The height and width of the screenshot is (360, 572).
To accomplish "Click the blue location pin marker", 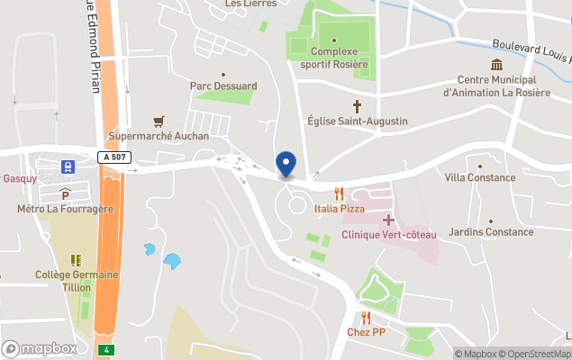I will click(x=286, y=163).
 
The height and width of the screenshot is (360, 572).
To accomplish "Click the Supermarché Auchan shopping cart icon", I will click(x=159, y=121).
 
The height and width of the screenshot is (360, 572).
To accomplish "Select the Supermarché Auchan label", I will click(x=159, y=136).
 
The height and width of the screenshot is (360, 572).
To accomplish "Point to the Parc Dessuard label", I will click(x=223, y=86).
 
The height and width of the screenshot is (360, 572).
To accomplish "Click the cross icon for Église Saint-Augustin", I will click(x=357, y=105).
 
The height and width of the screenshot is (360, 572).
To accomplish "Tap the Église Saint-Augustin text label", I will click(x=358, y=121).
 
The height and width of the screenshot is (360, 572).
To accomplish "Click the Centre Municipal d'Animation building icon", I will click(x=496, y=64).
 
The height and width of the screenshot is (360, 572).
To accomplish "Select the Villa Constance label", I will click(x=480, y=177).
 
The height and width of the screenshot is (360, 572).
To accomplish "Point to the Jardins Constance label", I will click(x=491, y=232).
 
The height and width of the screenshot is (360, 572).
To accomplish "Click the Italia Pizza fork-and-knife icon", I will click(x=340, y=193).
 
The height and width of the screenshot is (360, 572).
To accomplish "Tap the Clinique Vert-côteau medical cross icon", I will click(x=389, y=220).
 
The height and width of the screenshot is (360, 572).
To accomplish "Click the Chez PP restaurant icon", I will click(x=366, y=318).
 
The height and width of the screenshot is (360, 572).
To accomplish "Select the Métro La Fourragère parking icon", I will click(x=65, y=193).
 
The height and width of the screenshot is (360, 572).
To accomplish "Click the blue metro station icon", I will click(x=67, y=166).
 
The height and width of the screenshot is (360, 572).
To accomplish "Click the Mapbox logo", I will click(x=41, y=348).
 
